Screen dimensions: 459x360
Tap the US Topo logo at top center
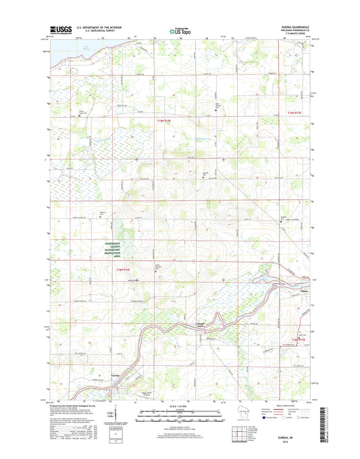click(x=180, y=30)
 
